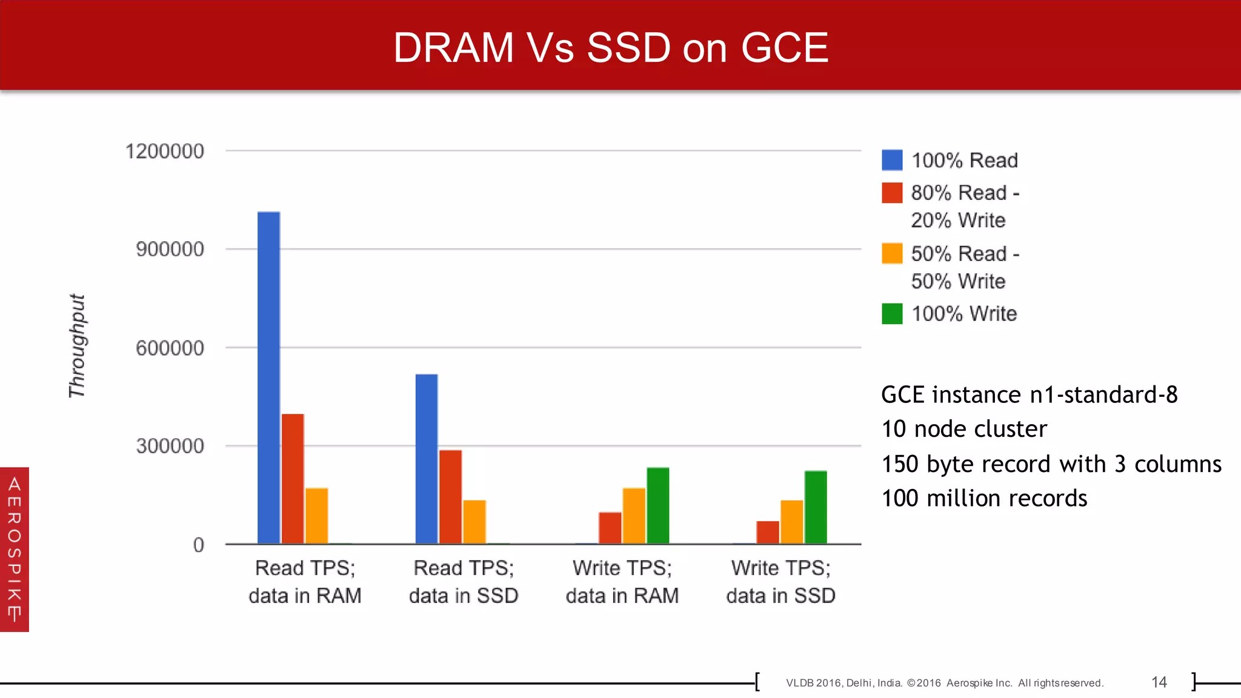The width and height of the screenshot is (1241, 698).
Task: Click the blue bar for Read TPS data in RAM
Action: coord(268,377)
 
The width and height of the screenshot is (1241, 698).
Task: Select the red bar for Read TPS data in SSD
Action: coord(450,496)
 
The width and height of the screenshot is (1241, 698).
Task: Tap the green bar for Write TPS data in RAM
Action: coord(657,505)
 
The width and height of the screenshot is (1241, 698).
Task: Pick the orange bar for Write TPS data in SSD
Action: coord(791,522)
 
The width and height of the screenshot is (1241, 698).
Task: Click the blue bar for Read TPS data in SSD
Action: coord(427,459)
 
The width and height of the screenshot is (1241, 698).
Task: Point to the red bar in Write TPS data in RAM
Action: coord(610,528)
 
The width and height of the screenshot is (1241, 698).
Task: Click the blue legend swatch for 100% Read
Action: coord(892,160)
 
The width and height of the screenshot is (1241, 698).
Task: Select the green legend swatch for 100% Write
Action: coord(892,314)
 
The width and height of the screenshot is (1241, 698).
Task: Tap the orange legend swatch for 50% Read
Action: coord(892,253)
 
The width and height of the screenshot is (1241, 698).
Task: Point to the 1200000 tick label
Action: coord(164,151)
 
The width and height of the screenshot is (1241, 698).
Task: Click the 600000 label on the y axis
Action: coord(170,348)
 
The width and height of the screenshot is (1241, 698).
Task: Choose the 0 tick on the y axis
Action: coord(198,545)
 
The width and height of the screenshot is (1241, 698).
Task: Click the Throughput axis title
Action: coord(77,346)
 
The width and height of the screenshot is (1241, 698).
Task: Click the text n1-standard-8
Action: coord(1103,395)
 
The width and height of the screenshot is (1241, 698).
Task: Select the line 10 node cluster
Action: coord(963,429)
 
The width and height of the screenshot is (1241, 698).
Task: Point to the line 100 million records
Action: coord(984,498)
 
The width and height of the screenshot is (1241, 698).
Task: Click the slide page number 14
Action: coord(1159,682)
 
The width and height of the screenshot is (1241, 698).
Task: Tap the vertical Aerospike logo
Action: coord(15,549)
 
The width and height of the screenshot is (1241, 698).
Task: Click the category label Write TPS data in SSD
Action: coord(780,582)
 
